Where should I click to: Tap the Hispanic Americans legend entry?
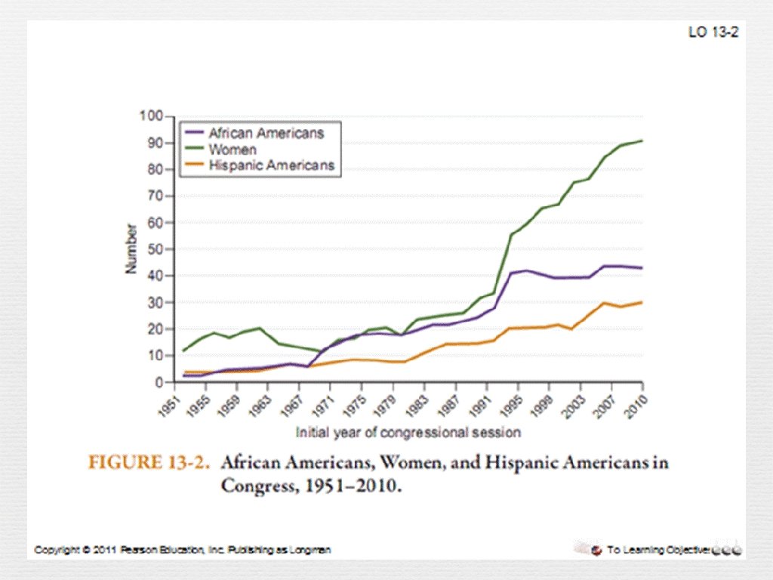[271, 165]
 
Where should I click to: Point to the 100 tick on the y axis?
[151, 116]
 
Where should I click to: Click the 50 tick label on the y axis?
[154, 249]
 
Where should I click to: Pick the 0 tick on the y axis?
[158, 382]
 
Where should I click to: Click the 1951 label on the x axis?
[173, 401]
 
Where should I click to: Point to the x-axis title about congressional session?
[408, 433]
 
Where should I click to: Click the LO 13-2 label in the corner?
[713, 32]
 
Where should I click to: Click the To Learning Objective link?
[657, 550]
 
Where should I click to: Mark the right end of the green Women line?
[642, 140]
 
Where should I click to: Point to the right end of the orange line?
[642, 302]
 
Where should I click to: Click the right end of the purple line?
[642, 268]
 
